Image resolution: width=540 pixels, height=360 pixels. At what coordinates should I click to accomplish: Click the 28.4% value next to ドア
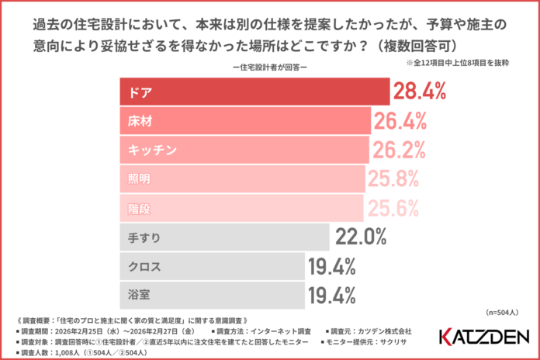point(420,92)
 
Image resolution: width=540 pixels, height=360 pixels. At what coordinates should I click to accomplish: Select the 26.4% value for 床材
point(401,121)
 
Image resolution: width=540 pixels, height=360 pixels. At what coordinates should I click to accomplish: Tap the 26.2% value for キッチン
point(400,150)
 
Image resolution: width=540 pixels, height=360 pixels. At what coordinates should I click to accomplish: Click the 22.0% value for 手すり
point(361,236)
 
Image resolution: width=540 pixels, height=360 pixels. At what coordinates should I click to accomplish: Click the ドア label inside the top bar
point(139,93)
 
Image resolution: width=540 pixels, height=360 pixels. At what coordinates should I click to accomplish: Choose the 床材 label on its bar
point(139,122)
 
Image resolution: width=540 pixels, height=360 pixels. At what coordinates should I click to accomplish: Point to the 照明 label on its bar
point(139,179)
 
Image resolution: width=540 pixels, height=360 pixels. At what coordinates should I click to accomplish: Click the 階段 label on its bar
point(139,208)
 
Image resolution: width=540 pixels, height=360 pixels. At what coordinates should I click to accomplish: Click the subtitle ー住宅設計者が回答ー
point(269,67)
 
